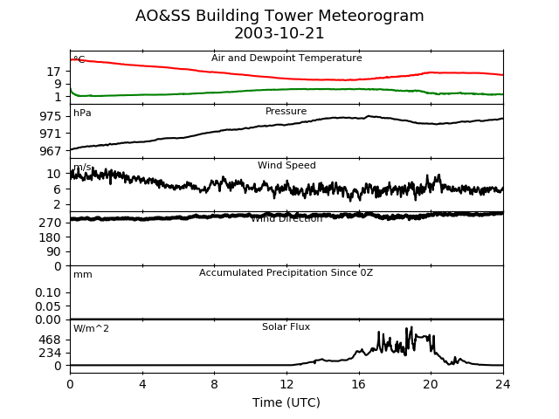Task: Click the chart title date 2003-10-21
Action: pyautogui.click(x=279, y=33)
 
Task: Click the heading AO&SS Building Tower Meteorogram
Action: pyautogui.click(x=279, y=16)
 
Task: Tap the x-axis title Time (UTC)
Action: pyautogui.click(x=286, y=402)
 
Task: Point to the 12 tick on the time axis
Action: pyautogui.click(x=286, y=383)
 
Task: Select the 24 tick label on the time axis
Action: pyautogui.click(x=503, y=383)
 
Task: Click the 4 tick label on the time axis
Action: pyautogui.click(x=142, y=383)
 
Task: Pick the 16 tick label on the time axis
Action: pyautogui.click(x=359, y=383)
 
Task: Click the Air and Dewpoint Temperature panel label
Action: pyautogui.click(x=286, y=58)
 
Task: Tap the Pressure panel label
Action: pyautogui.click(x=286, y=112)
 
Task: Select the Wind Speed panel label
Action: pyautogui.click(x=286, y=166)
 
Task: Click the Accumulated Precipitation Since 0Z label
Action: pyautogui.click(x=286, y=273)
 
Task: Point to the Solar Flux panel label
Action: pyautogui.click(x=286, y=327)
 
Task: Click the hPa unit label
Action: pyautogui.click(x=82, y=113)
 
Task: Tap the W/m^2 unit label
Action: pyautogui.click(x=92, y=329)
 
